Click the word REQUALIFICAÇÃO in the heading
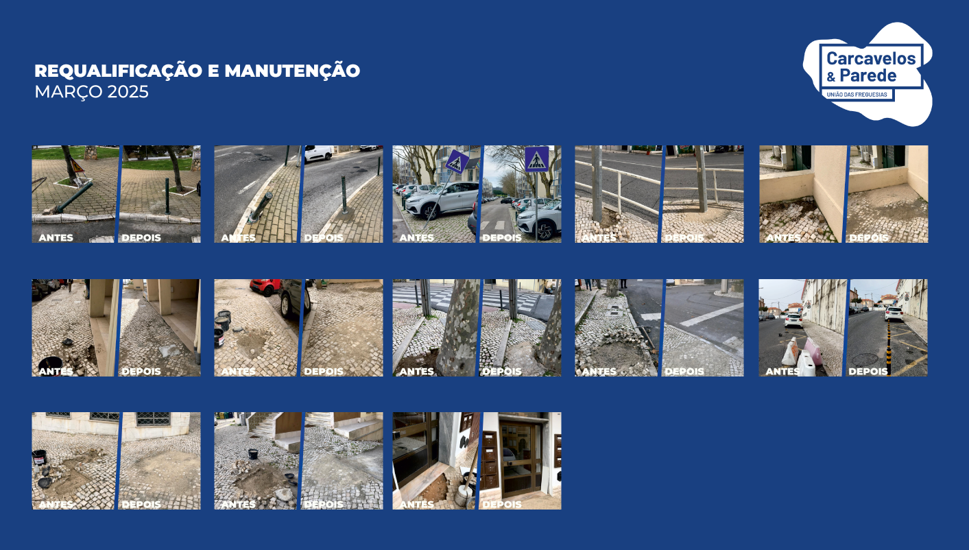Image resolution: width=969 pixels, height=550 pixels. point(119,71)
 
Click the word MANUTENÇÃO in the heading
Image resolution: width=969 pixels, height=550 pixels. point(292,71)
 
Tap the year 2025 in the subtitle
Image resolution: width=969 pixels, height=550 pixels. point(128,92)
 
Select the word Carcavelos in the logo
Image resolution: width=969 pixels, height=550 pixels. point(871,58)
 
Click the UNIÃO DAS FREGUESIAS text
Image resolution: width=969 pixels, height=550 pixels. point(857,95)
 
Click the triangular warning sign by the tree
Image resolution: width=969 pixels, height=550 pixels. point(77,166)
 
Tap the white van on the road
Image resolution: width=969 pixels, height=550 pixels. point(319,153)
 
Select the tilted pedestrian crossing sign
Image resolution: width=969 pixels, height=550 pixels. point(456,162)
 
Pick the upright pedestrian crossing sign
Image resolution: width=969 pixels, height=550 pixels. point(536,159)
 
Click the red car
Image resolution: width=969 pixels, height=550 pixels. point(265,286)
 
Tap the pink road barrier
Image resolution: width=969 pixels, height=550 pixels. point(813,351)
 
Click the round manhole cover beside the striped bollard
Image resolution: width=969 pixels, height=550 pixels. point(865,359)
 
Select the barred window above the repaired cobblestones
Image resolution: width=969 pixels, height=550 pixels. point(153,418)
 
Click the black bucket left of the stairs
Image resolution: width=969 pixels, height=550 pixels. point(253,453)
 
